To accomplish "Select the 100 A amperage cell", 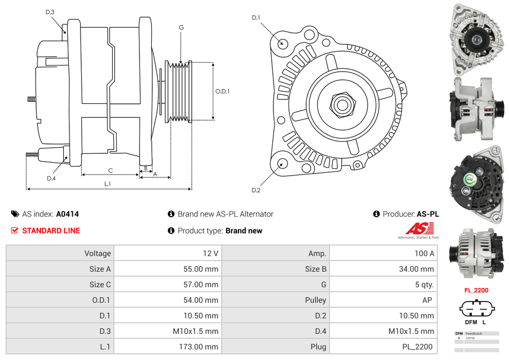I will (425, 253).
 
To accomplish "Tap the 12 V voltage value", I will (210, 253).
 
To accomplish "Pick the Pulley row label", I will (316, 300).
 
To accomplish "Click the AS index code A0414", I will (68, 214).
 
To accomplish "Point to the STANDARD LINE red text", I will (51, 231).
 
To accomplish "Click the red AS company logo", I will (420, 228).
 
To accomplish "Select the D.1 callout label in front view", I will (256, 18).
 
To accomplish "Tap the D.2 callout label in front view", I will (256, 190).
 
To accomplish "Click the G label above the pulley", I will (181, 27).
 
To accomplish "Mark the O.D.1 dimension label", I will (222, 91).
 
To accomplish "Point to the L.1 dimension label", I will (108, 184).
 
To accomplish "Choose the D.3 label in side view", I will (50, 12).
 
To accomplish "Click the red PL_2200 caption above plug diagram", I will (476, 290).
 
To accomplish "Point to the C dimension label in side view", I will (110, 171).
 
